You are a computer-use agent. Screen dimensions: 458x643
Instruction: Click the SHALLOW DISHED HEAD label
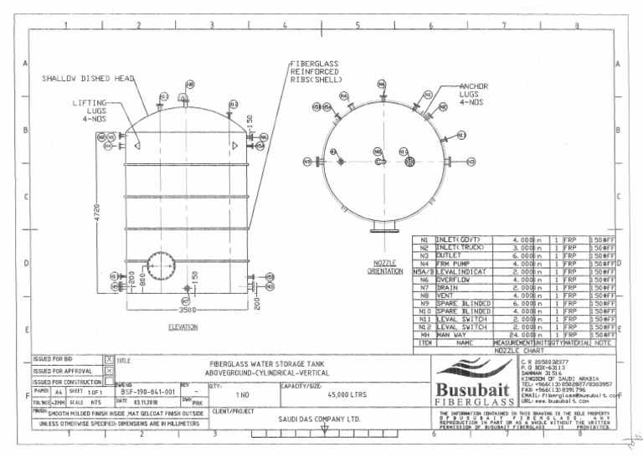[x=89, y=79]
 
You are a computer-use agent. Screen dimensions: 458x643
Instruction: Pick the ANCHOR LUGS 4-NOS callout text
[x=474, y=94]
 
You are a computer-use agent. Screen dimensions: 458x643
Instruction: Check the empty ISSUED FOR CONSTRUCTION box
[x=109, y=381]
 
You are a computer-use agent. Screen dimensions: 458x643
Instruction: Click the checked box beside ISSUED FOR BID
[x=109, y=359]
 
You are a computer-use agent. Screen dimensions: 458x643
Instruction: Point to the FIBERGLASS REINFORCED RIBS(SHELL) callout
[x=316, y=71]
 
